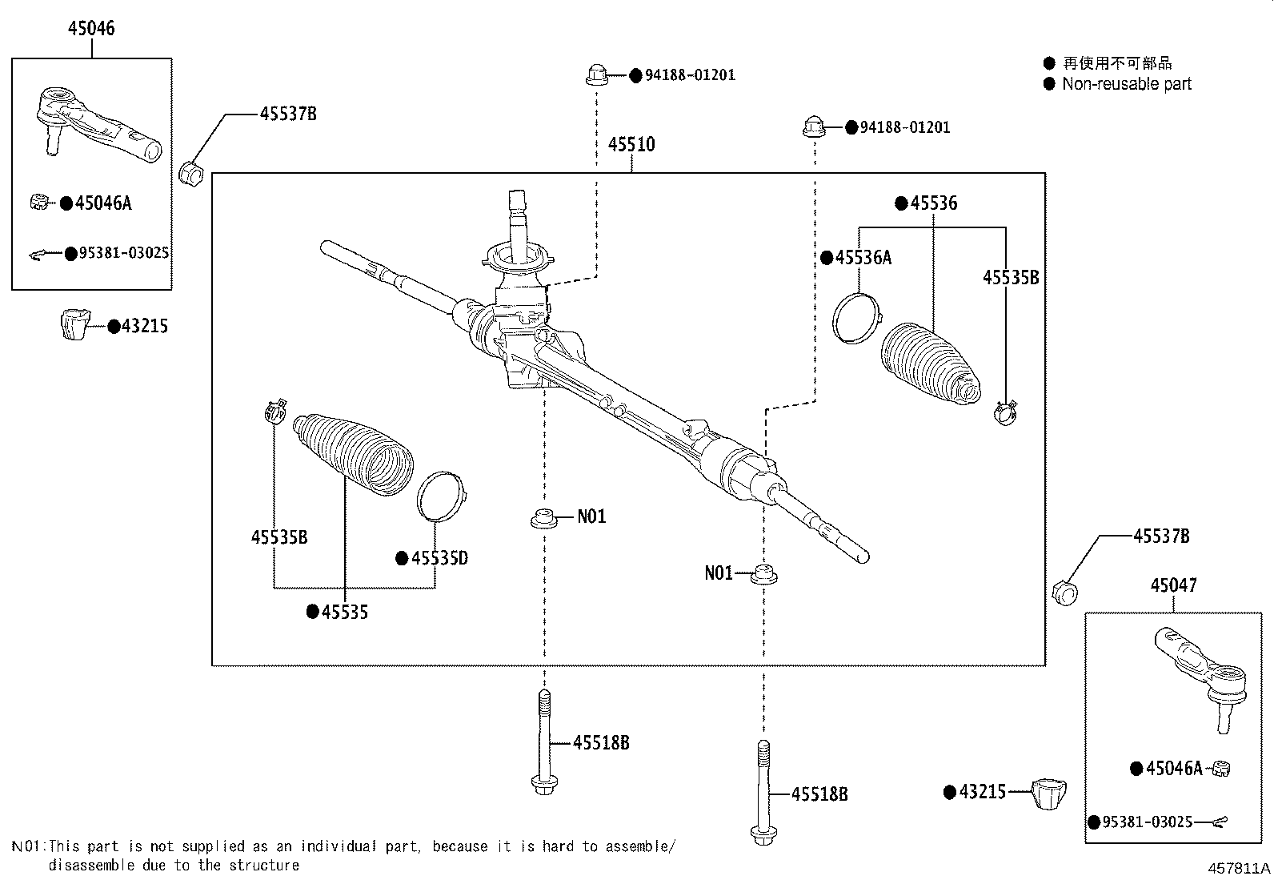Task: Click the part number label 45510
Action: click(631, 144)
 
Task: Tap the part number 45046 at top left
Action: click(91, 28)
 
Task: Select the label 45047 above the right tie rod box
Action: click(1174, 585)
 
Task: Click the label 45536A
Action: click(863, 257)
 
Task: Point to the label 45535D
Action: click(439, 558)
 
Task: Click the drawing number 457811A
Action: click(1239, 868)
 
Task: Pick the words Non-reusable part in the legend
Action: click(1127, 84)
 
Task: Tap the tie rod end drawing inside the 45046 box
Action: click(96, 127)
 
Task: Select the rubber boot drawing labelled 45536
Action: click(928, 364)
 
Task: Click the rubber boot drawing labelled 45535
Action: click(356, 452)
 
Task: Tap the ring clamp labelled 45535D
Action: click(441, 496)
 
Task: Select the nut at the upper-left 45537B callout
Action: click(193, 172)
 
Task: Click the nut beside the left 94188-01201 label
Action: click(595, 75)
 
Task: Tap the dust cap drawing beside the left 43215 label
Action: click(76, 323)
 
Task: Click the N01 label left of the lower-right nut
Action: click(718, 573)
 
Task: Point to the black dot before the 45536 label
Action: click(901, 203)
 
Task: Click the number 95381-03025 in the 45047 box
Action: click(1148, 822)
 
